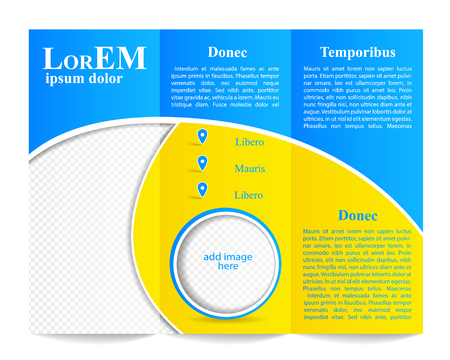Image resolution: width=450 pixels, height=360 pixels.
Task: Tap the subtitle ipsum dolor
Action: coord(84,78)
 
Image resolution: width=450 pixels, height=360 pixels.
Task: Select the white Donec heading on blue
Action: coord(228,52)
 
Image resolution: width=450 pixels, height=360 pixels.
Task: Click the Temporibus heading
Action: coord(357,52)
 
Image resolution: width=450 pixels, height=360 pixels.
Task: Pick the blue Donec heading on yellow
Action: coord(358,215)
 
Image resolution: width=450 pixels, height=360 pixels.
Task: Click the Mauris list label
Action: coord(250,168)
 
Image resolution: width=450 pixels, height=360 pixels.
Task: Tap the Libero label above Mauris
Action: coord(249,142)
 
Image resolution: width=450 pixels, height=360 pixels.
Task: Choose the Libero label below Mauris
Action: coord(249,194)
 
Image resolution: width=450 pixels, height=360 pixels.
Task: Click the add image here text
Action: coord(228,261)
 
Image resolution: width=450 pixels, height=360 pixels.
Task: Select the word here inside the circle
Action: coord(228,267)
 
